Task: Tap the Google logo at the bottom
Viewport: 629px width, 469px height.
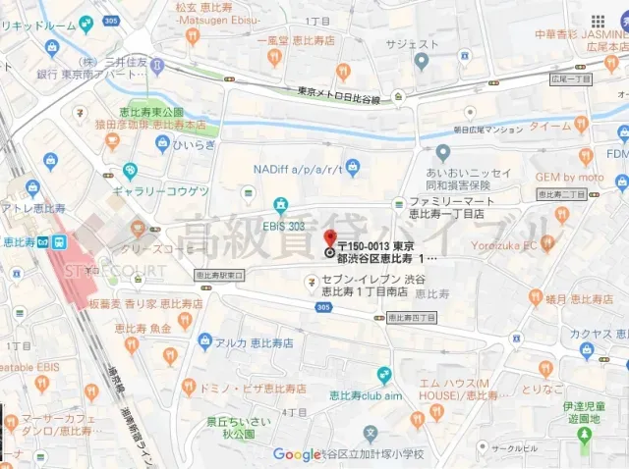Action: [296, 454]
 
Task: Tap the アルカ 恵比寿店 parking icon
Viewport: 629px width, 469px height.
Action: [204, 341]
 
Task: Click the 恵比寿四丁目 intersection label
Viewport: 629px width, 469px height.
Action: [411, 317]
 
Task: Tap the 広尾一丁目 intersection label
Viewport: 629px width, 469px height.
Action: [573, 78]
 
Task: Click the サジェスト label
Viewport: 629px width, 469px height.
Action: [412, 44]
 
